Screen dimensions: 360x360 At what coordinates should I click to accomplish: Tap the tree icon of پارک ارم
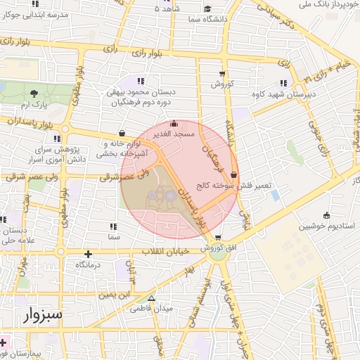tap(33, 92)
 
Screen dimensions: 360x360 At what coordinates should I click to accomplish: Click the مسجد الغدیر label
tap(177, 133)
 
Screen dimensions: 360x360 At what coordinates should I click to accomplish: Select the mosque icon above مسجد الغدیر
tap(174, 124)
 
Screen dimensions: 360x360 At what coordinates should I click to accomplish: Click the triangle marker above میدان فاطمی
tap(151, 297)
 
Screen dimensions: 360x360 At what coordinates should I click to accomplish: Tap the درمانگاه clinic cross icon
tap(88, 255)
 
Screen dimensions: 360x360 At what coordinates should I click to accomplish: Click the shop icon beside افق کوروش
tap(217, 238)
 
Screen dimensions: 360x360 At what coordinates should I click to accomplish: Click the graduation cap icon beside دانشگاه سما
tap(208, 10)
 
